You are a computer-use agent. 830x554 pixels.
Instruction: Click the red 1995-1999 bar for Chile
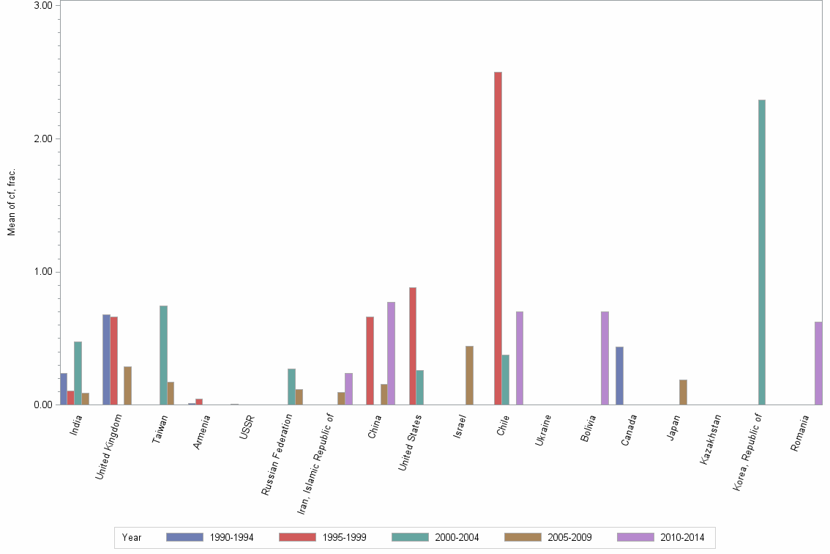coord(498,238)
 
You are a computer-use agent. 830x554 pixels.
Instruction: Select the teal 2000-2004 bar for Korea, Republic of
coord(762,252)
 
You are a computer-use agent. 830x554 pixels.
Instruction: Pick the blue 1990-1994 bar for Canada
coord(619,375)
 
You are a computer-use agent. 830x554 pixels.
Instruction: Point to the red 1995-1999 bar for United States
coord(413,346)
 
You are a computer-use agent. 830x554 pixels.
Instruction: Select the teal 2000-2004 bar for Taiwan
coord(163,355)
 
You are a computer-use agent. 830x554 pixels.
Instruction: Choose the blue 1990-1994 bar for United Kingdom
coord(106,359)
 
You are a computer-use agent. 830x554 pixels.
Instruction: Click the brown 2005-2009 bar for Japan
coord(683,392)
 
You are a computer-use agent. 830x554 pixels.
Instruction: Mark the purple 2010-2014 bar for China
coord(391,353)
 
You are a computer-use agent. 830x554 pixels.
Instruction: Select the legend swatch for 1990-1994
coord(184,537)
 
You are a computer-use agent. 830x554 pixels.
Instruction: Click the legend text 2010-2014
coord(681,538)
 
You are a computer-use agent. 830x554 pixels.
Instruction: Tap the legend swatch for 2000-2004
coord(410,537)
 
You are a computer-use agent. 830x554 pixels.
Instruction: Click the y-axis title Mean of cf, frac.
coord(12,202)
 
